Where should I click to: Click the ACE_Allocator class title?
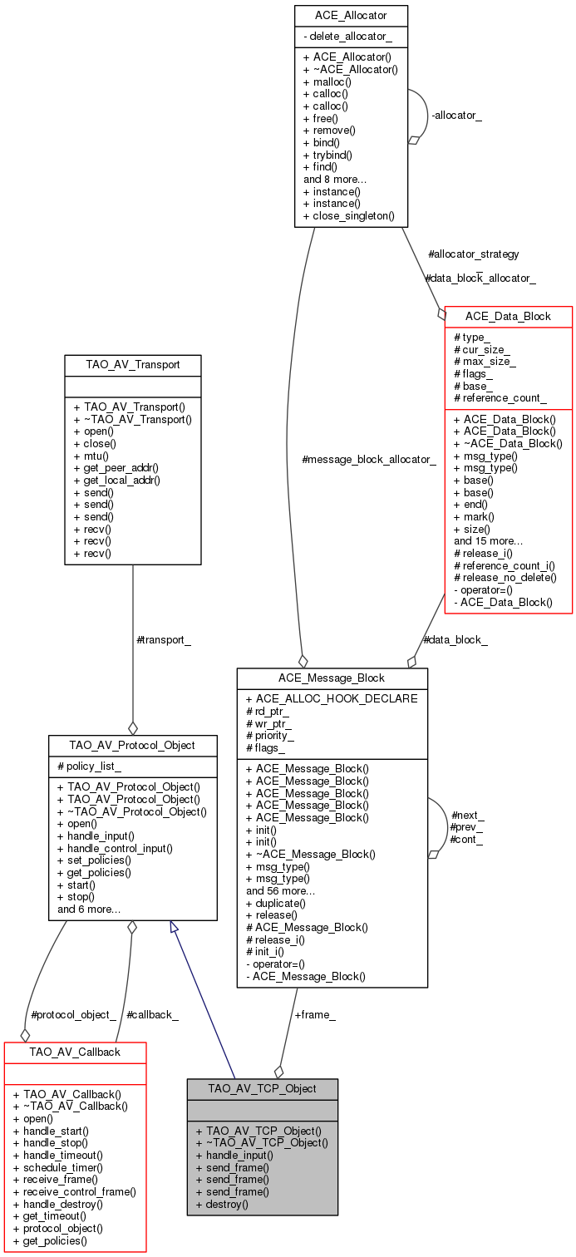click(351, 15)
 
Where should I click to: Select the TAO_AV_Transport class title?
click(133, 364)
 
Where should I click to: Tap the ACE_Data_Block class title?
click(508, 316)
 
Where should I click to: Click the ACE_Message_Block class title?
click(332, 678)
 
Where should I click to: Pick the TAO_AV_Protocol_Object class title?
click(133, 745)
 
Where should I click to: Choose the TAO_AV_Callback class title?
click(75, 1052)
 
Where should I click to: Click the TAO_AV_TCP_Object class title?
click(262, 1088)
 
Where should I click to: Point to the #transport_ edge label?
click(163, 640)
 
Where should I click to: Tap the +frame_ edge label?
click(315, 1014)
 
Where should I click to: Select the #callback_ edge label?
click(152, 1014)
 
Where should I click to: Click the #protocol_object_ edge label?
click(72, 1014)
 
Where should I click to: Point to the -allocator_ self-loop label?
click(456, 115)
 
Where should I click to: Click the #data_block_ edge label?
click(455, 640)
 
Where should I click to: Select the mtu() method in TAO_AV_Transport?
click(91, 456)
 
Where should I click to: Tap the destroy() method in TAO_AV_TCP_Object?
click(222, 1203)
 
